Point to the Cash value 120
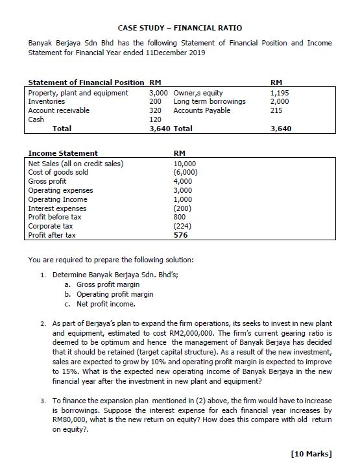pyautogui.click(x=155, y=119)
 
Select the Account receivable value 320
pyautogui.click(x=155, y=110)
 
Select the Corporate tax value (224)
pyautogui.click(x=182, y=226)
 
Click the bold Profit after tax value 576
pyautogui.click(x=181, y=235)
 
